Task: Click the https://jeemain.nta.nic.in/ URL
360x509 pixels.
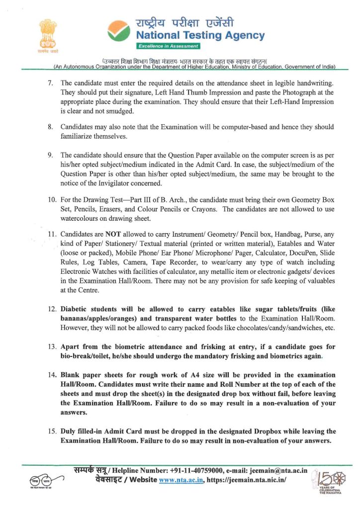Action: coord(247,480)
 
